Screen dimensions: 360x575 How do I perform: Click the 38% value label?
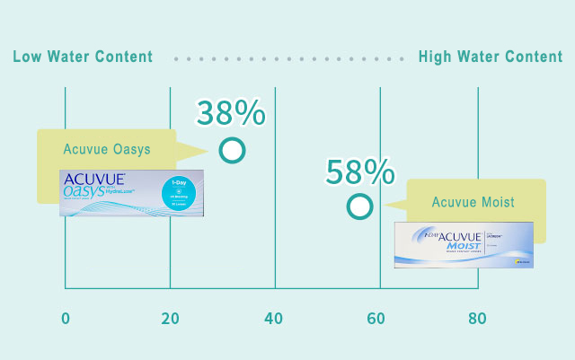coord(231,113)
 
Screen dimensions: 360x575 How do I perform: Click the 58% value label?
coord(360,171)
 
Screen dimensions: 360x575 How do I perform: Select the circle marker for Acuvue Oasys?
coord(232,150)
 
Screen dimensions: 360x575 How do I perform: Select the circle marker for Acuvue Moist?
coord(359,207)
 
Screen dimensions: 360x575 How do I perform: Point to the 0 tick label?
coord(65,319)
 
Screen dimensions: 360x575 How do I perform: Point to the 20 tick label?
coord(169,319)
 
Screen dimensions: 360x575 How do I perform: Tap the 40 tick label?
coord(274,319)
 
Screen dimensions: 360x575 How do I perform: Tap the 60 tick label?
coord(379,319)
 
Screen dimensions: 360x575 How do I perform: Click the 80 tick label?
coord(477,319)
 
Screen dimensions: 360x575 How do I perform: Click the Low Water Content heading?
coord(83,57)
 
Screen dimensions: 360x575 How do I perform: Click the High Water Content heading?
coord(491,57)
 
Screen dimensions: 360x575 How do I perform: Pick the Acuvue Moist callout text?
coord(473,202)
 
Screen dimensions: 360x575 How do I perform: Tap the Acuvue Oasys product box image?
coord(131,192)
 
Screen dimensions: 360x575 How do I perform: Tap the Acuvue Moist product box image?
coord(464,244)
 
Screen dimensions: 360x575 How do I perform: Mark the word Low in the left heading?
coord(28,57)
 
